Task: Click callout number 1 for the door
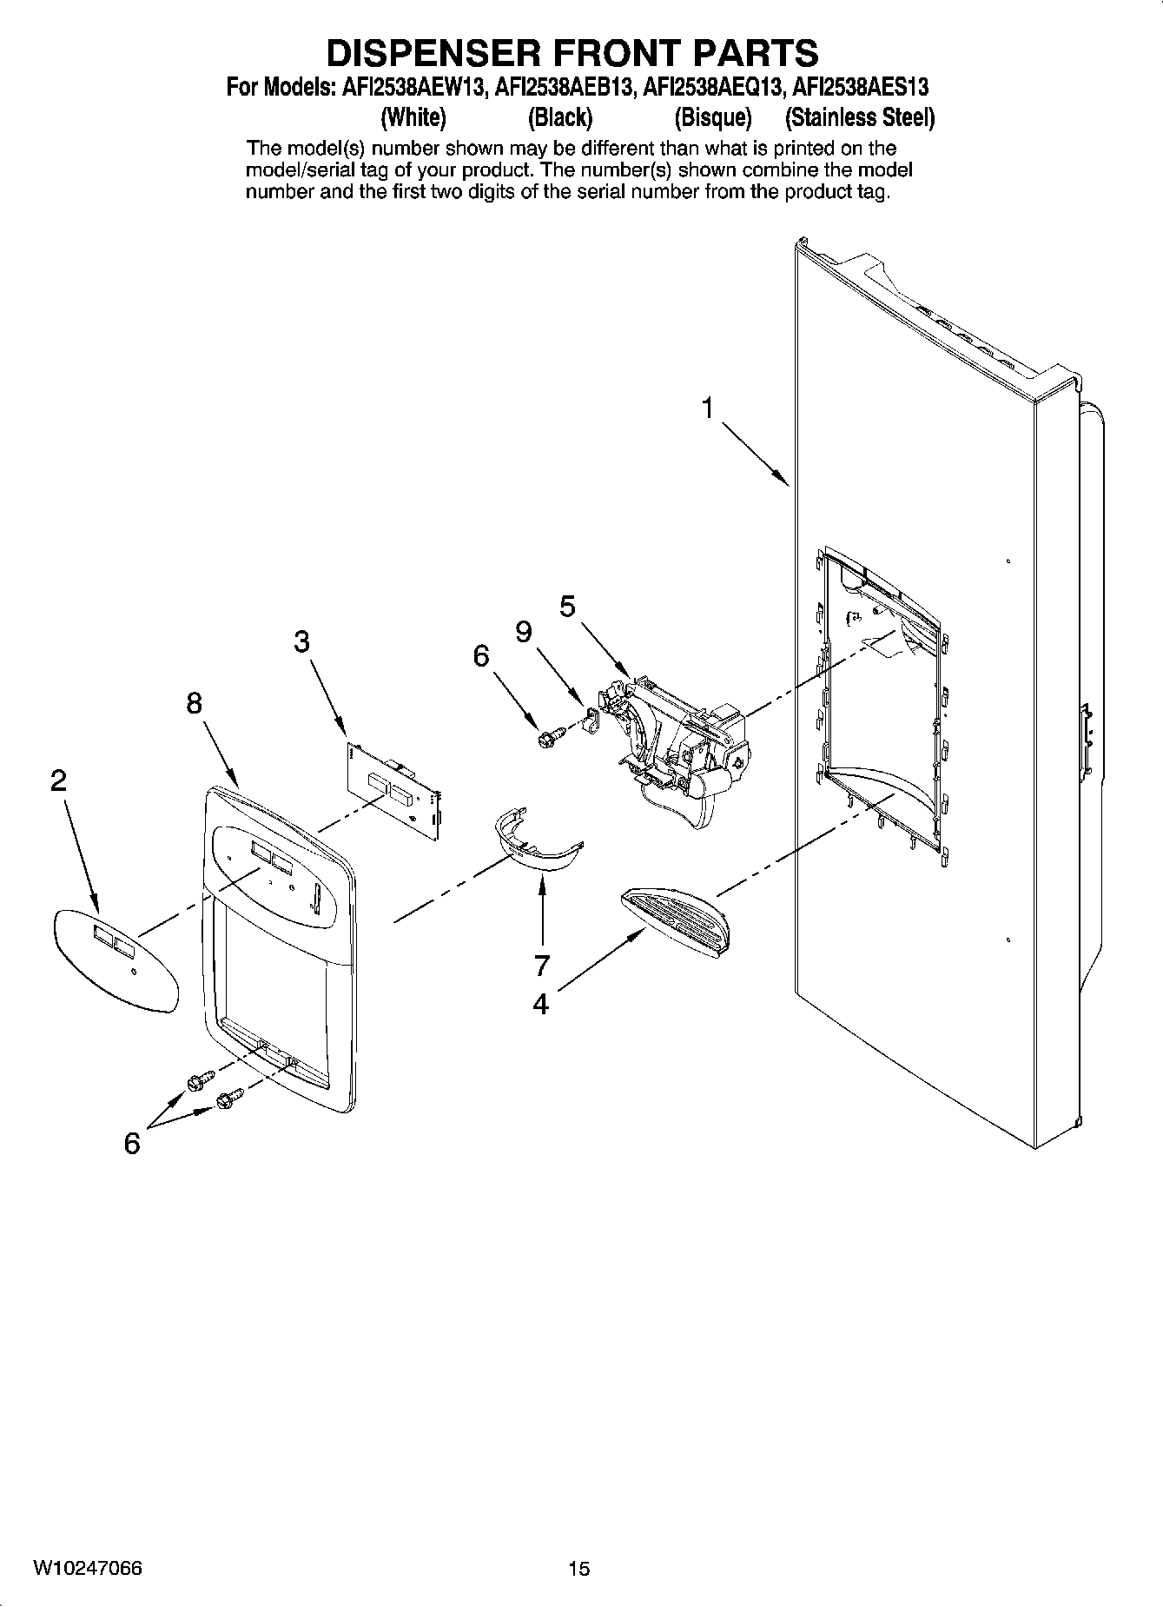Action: [709, 408]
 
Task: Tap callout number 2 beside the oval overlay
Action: [57, 781]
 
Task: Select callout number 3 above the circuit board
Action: [301, 642]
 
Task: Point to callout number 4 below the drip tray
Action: [540, 1005]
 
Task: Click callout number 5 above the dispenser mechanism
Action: [567, 606]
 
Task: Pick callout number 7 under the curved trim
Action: [542, 965]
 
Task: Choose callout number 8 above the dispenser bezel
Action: [194, 703]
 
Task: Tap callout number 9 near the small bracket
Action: [523, 632]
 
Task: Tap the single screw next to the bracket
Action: [549, 738]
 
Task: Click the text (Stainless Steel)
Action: [859, 117]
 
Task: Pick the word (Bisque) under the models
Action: [712, 117]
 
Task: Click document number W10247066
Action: [88, 1568]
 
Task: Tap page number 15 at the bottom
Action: [579, 1569]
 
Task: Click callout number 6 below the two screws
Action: [132, 1144]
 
